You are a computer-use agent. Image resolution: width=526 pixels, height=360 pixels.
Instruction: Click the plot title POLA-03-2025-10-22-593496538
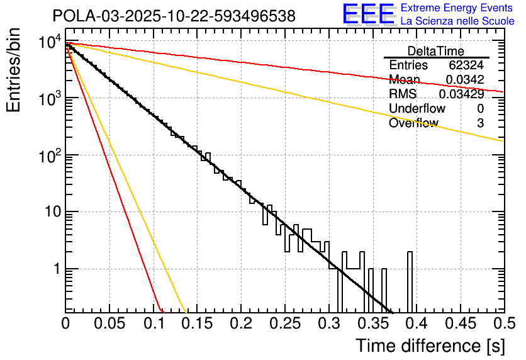point(174,16)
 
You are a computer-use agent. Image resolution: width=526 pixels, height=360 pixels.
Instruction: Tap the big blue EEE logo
point(368,14)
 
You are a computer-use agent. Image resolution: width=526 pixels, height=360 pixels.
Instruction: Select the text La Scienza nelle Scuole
point(457,21)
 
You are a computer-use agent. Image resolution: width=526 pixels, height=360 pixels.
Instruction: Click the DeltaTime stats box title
point(436,51)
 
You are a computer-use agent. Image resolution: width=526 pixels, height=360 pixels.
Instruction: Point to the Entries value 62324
point(466,65)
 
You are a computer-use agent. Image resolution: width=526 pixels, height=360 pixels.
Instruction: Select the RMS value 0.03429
point(461,94)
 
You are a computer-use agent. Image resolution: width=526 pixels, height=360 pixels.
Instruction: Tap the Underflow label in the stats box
point(417,108)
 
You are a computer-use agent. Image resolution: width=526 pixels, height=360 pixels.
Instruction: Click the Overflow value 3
point(480,123)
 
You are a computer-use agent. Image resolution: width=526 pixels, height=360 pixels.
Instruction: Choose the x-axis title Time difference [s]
point(429,346)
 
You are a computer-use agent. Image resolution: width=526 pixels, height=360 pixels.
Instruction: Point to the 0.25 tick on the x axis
point(284,324)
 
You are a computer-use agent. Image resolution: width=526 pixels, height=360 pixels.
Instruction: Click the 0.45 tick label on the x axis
point(460,324)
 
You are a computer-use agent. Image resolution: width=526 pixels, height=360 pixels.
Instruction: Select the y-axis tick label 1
point(55,269)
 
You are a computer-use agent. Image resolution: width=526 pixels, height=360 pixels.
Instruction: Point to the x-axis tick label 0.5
point(503,324)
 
